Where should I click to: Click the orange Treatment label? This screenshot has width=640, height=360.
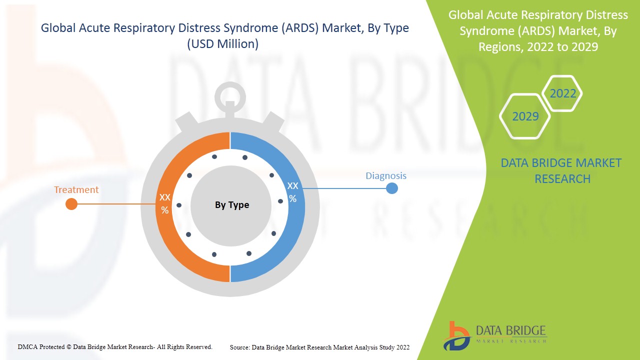(76, 189)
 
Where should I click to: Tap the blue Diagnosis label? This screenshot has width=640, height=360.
(386, 175)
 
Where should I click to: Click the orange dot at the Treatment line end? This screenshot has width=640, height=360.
(71, 204)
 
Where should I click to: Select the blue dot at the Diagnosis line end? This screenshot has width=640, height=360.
(392, 188)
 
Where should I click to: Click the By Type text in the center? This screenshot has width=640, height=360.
(232, 205)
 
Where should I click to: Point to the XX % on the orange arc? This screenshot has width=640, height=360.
(164, 203)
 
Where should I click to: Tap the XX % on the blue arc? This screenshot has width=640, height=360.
(292, 192)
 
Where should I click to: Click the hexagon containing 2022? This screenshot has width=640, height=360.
(562, 93)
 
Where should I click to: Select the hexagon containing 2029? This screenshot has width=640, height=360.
(525, 116)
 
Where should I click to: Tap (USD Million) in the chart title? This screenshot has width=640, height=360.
(223, 44)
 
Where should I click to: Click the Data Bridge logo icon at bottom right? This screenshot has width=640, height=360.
(456, 336)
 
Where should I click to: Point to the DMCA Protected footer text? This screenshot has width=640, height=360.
(115, 347)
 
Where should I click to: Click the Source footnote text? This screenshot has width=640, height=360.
(319, 347)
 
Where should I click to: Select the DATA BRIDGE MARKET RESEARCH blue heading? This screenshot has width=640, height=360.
(561, 171)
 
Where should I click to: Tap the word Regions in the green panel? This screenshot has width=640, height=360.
(499, 47)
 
